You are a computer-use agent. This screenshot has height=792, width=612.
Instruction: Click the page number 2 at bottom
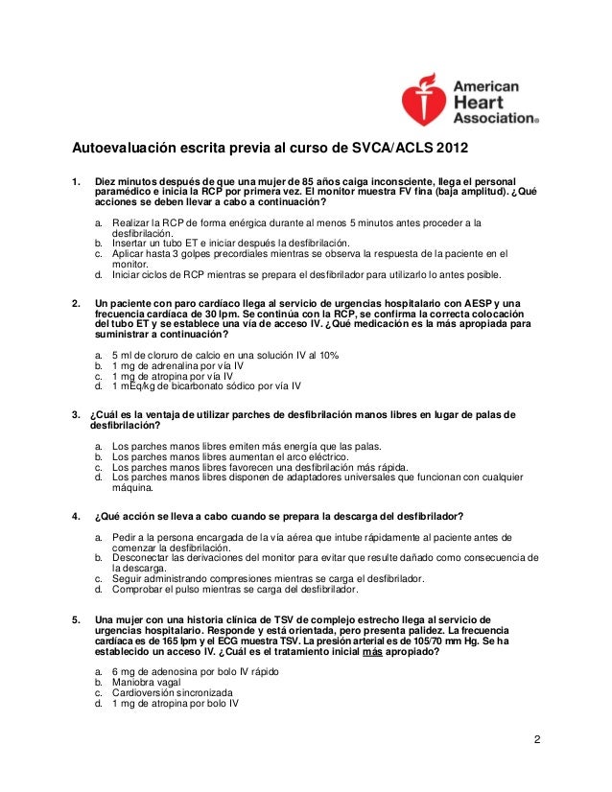[538, 739]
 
